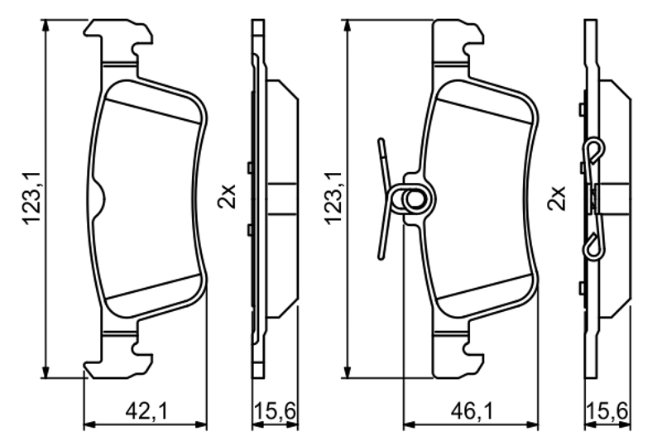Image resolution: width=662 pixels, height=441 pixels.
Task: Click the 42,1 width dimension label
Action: click(147, 410)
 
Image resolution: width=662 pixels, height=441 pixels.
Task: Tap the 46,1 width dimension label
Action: click(472, 410)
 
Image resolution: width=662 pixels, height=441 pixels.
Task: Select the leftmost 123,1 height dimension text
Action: click(33, 198)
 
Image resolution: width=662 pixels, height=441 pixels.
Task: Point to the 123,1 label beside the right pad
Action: click(334, 198)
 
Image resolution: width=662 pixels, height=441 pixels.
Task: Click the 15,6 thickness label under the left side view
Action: click(276, 410)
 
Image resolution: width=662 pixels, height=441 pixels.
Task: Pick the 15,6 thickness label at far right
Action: click(608, 410)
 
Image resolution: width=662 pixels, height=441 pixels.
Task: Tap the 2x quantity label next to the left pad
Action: click(226, 197)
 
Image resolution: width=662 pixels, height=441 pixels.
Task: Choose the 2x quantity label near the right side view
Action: click(556, 199)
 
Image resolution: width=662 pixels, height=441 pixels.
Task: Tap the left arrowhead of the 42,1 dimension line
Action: click(90, 424)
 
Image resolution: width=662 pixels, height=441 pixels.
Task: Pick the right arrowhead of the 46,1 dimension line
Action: click(532, 424)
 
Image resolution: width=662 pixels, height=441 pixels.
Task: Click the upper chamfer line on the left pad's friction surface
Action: click(152, 112)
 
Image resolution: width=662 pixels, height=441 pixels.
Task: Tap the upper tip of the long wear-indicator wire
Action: click(381, 140)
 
